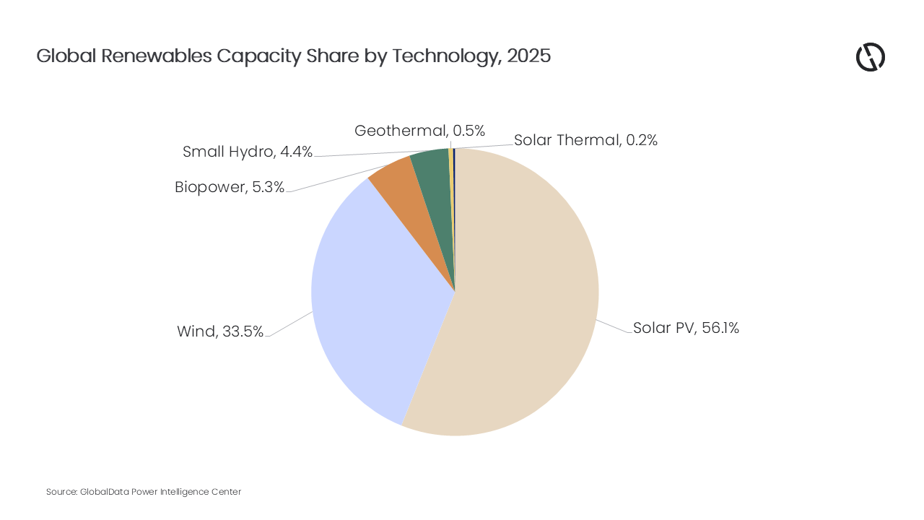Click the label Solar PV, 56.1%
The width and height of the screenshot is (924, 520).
[686, 328]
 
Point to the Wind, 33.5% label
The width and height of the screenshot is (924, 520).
[220, 331]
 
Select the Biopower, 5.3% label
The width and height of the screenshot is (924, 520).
[230, 188]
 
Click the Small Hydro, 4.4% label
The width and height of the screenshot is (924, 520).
[248, 152]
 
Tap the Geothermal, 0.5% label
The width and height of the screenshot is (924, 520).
[419, 131]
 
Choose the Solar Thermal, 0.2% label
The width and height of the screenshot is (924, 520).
[585, 140]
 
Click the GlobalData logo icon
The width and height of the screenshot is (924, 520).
[871, 57]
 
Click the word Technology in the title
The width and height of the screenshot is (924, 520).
[447, 56]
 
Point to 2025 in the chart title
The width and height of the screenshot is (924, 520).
[528, 56]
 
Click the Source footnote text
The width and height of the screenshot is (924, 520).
[144, 492]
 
